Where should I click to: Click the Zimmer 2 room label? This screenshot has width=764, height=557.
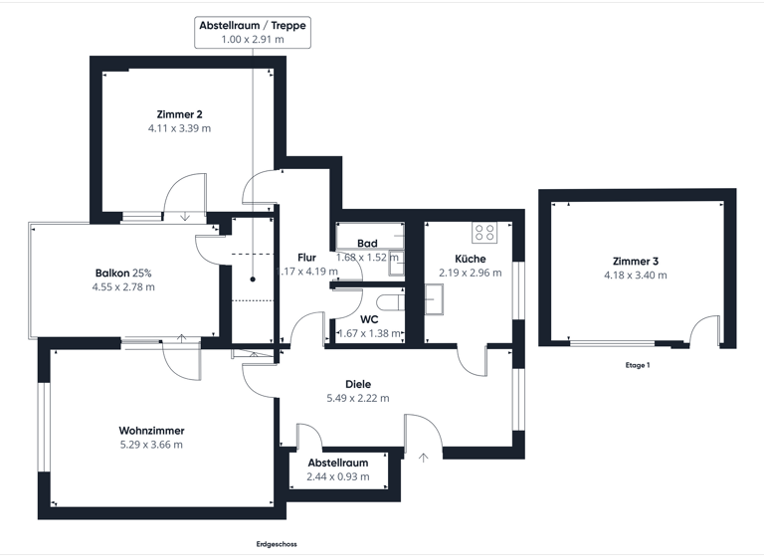[x=179, y=113]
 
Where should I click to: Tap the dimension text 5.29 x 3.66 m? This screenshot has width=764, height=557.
[x=151, y=445]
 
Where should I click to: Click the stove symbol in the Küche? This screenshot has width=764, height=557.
[x=484, y=233]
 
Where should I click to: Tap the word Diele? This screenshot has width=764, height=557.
[x=358, y=383]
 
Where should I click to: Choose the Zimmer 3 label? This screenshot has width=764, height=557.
[x=637, y=261]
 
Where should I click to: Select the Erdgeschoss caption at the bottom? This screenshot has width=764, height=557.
[x=276, y=544]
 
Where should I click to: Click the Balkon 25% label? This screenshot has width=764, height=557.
[x=124, y=273]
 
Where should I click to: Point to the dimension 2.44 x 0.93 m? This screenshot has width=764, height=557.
[x=338, y=476]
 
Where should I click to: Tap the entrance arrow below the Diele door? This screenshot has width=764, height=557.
[x=424, y=458]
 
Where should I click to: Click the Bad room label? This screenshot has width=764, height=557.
[x=367, y=244]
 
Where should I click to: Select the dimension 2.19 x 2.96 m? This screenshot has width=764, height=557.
[x=471, y=272]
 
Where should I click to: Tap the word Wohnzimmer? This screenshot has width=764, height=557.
[x=151, y=431]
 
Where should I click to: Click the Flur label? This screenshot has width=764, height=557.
[x=306, y=258]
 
